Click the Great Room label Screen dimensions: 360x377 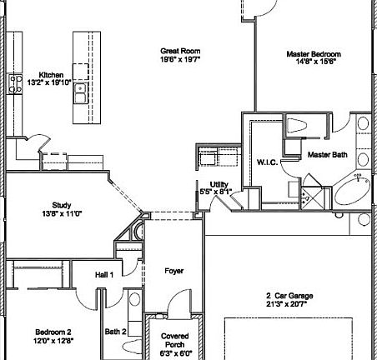point(180,52)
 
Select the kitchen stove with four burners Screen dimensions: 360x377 point(15,82)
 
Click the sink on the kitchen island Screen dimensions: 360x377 point(81,92)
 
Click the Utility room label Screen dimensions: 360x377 point(219,184)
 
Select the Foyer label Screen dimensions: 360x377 point(173,271)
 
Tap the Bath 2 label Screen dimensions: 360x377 point(115,332)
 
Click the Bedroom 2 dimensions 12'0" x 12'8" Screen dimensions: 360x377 point(53,340)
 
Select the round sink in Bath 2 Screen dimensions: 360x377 point(135,301)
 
